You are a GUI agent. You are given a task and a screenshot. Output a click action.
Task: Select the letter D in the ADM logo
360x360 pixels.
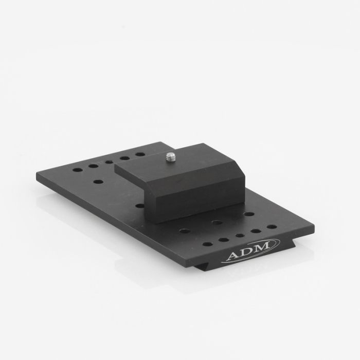246,252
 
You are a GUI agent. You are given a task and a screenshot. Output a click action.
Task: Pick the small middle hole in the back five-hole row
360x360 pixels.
109,161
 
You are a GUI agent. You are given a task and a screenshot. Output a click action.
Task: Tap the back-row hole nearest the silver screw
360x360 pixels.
140,154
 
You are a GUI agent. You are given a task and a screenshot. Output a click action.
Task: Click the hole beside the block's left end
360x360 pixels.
139,205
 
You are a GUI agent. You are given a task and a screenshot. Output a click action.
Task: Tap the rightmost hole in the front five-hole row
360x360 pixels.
271,226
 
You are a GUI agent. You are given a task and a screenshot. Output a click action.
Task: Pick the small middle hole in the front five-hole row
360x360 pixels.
240,236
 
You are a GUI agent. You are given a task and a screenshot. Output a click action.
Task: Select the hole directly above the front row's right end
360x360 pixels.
249,214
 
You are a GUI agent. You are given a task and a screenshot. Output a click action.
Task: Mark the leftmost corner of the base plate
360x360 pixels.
37,175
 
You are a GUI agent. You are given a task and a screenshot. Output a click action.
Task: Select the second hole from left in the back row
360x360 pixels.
93,166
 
